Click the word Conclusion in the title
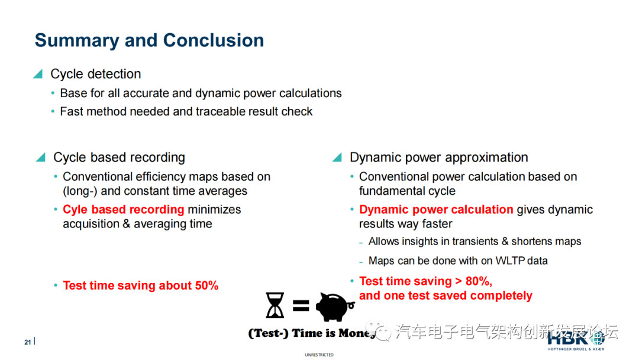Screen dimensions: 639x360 point(213,40)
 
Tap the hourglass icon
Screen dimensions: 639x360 point(275,305)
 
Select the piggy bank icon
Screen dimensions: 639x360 point(334,307)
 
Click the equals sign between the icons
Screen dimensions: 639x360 point(301,306)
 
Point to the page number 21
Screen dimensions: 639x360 point(27,342)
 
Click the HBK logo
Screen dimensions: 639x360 point(576,340)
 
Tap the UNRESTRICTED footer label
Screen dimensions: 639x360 point(319,355)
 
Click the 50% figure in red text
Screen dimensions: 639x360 point(206,285)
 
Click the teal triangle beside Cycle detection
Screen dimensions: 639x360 point(38,74)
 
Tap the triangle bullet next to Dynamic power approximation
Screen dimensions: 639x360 point(337,157)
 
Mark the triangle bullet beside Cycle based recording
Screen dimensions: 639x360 point(41,157)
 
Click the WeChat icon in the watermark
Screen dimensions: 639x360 point(378,330)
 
